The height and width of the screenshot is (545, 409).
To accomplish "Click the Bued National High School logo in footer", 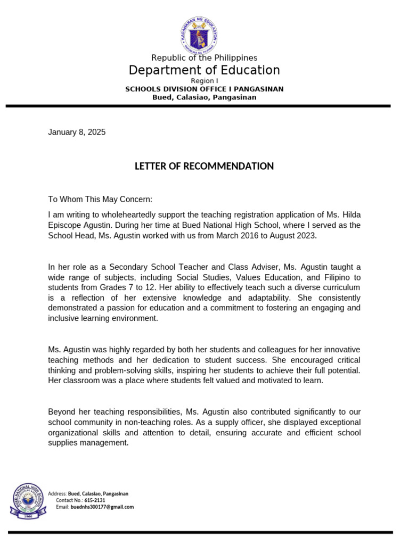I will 27,500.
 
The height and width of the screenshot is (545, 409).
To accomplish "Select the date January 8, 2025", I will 77,133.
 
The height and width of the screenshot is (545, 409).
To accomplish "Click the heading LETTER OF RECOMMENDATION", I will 204,167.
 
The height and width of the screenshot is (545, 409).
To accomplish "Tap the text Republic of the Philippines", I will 204,57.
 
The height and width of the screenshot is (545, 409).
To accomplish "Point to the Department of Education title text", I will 204,70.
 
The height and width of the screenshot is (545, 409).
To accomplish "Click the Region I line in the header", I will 204,81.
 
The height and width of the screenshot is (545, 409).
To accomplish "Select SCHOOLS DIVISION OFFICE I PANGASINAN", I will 204,89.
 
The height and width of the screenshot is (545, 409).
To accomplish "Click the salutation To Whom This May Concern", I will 100,200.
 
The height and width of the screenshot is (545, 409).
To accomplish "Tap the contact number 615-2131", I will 95,500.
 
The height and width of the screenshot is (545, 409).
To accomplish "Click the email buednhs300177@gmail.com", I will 102,507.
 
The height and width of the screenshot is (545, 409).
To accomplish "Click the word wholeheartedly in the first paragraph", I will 131,215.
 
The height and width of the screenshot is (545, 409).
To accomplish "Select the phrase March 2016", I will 240,235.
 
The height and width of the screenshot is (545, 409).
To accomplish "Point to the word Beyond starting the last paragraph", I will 62,412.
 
